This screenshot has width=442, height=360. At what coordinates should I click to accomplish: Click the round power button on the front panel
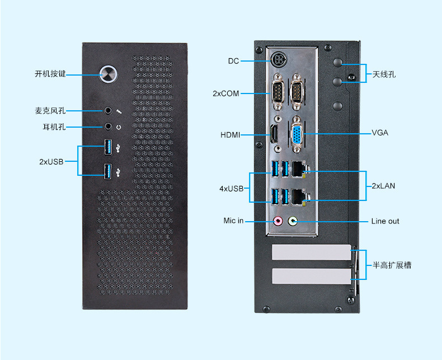[x=109, y=73]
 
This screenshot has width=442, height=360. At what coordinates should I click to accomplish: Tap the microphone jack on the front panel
[x=109, y=111]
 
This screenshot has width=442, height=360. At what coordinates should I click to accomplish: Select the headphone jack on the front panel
[x=109, y=127]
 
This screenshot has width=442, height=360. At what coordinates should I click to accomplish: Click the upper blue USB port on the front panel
[x=107, y=147]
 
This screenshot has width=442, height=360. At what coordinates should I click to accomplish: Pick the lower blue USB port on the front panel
[x=107, y=171]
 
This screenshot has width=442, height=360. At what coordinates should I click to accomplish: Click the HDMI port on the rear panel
[x=275, y=134]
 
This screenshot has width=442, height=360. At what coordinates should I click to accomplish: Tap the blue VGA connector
[x=297, y=134]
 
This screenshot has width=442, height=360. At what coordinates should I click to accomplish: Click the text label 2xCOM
[x=226, y=93]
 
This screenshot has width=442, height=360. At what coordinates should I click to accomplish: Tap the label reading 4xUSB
[x=232, y=189]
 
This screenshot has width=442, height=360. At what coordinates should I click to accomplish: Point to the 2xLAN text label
[x=383, y=186]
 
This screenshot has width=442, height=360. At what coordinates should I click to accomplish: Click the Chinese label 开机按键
[x=50, y=73]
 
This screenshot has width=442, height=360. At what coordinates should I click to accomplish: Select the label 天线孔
[x=384, y=74]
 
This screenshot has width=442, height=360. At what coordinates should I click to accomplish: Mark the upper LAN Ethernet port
[x=299, y=167]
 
